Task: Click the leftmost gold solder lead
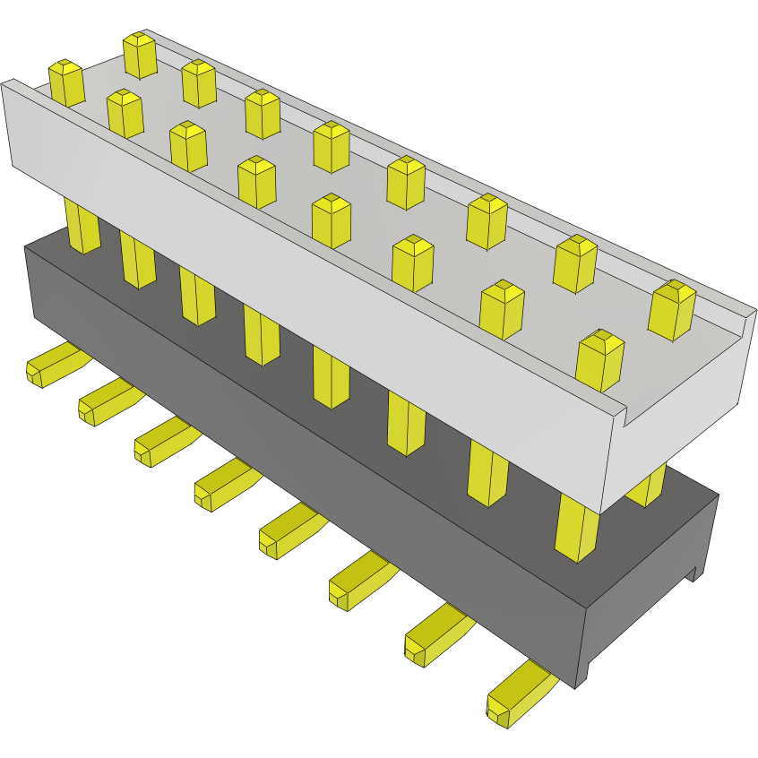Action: coord(54,366)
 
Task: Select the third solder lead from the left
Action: coord(163,442)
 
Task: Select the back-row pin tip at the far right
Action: coord(672,310)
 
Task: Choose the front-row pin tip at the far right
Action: coord(599,360)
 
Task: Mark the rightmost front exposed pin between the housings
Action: coord(576,529)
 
